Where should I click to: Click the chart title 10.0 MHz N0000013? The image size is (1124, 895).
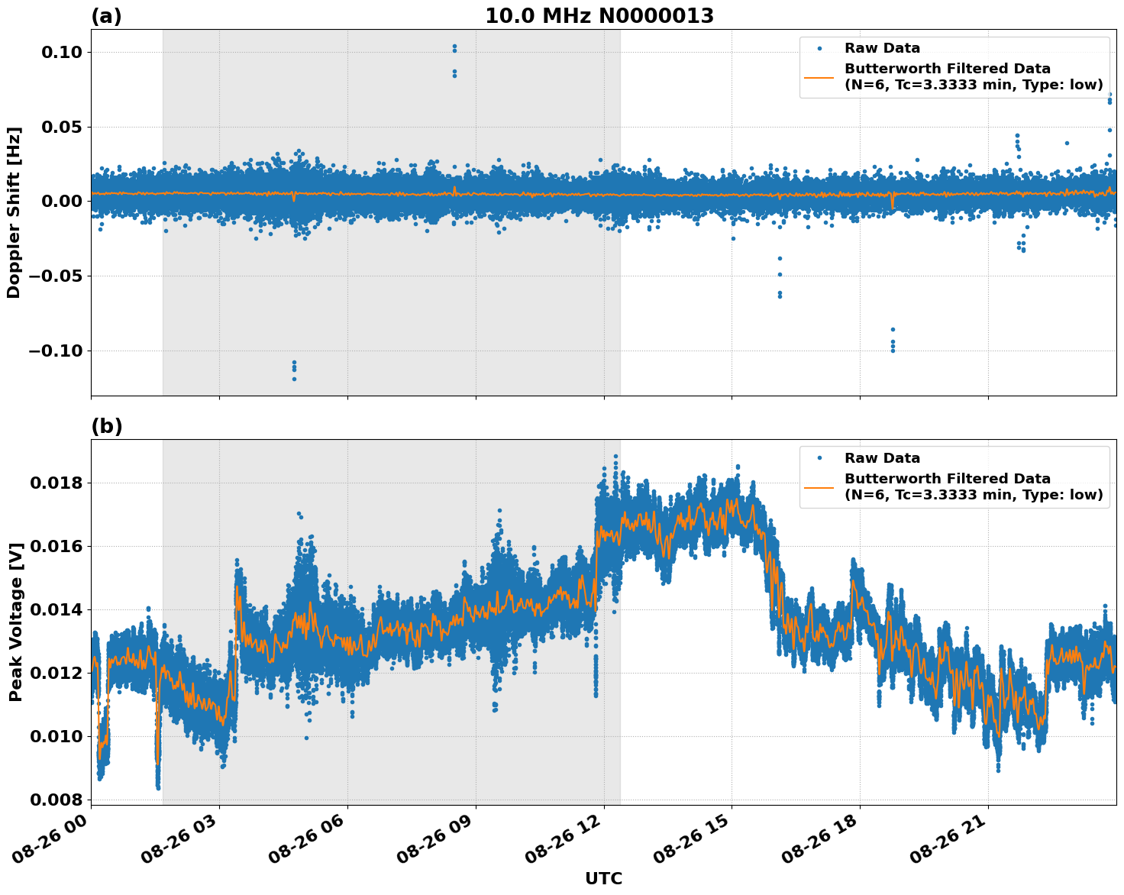(599, 16)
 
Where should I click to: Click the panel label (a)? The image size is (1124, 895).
(106, 16)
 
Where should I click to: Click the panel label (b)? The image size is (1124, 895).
(106, 426)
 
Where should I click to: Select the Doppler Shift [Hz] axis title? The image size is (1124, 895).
(14, 212)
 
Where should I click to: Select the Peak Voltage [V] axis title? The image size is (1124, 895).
(15, 622)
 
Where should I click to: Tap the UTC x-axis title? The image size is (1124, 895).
(603, 878)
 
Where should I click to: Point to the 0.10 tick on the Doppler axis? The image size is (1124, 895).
(66, 52)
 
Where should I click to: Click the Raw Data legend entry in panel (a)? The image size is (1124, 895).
(882, 48)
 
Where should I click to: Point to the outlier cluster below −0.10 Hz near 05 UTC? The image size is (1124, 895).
(294, 370)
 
